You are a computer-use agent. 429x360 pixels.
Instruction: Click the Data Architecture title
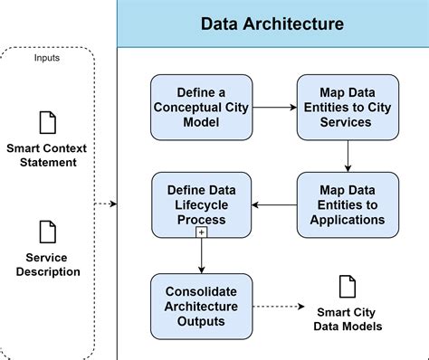tap(272, 24)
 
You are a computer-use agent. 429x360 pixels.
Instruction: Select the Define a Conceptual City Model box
tap(201, 108)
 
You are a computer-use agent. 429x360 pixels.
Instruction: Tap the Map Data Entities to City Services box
tap(348, 108)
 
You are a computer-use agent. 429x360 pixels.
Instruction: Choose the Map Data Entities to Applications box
tap(348, 206)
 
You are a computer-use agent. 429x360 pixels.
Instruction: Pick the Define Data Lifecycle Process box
tap(201, 206)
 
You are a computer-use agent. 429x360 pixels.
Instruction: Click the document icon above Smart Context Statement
tap(47, 121)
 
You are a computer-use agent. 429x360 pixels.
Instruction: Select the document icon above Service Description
tap(47, 230)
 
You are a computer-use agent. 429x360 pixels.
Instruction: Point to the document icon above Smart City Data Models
tap(348, 288)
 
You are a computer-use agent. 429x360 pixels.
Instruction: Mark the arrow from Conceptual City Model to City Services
tap(273, 108)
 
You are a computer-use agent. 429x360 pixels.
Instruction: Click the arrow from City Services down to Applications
tap(348, 156)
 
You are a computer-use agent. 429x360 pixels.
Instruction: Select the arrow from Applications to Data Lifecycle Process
tap(273, 206)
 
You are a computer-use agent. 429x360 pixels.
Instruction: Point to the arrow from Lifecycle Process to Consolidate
tap(201, 256)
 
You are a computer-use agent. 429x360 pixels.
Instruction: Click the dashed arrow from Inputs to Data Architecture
tap(105, 204)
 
